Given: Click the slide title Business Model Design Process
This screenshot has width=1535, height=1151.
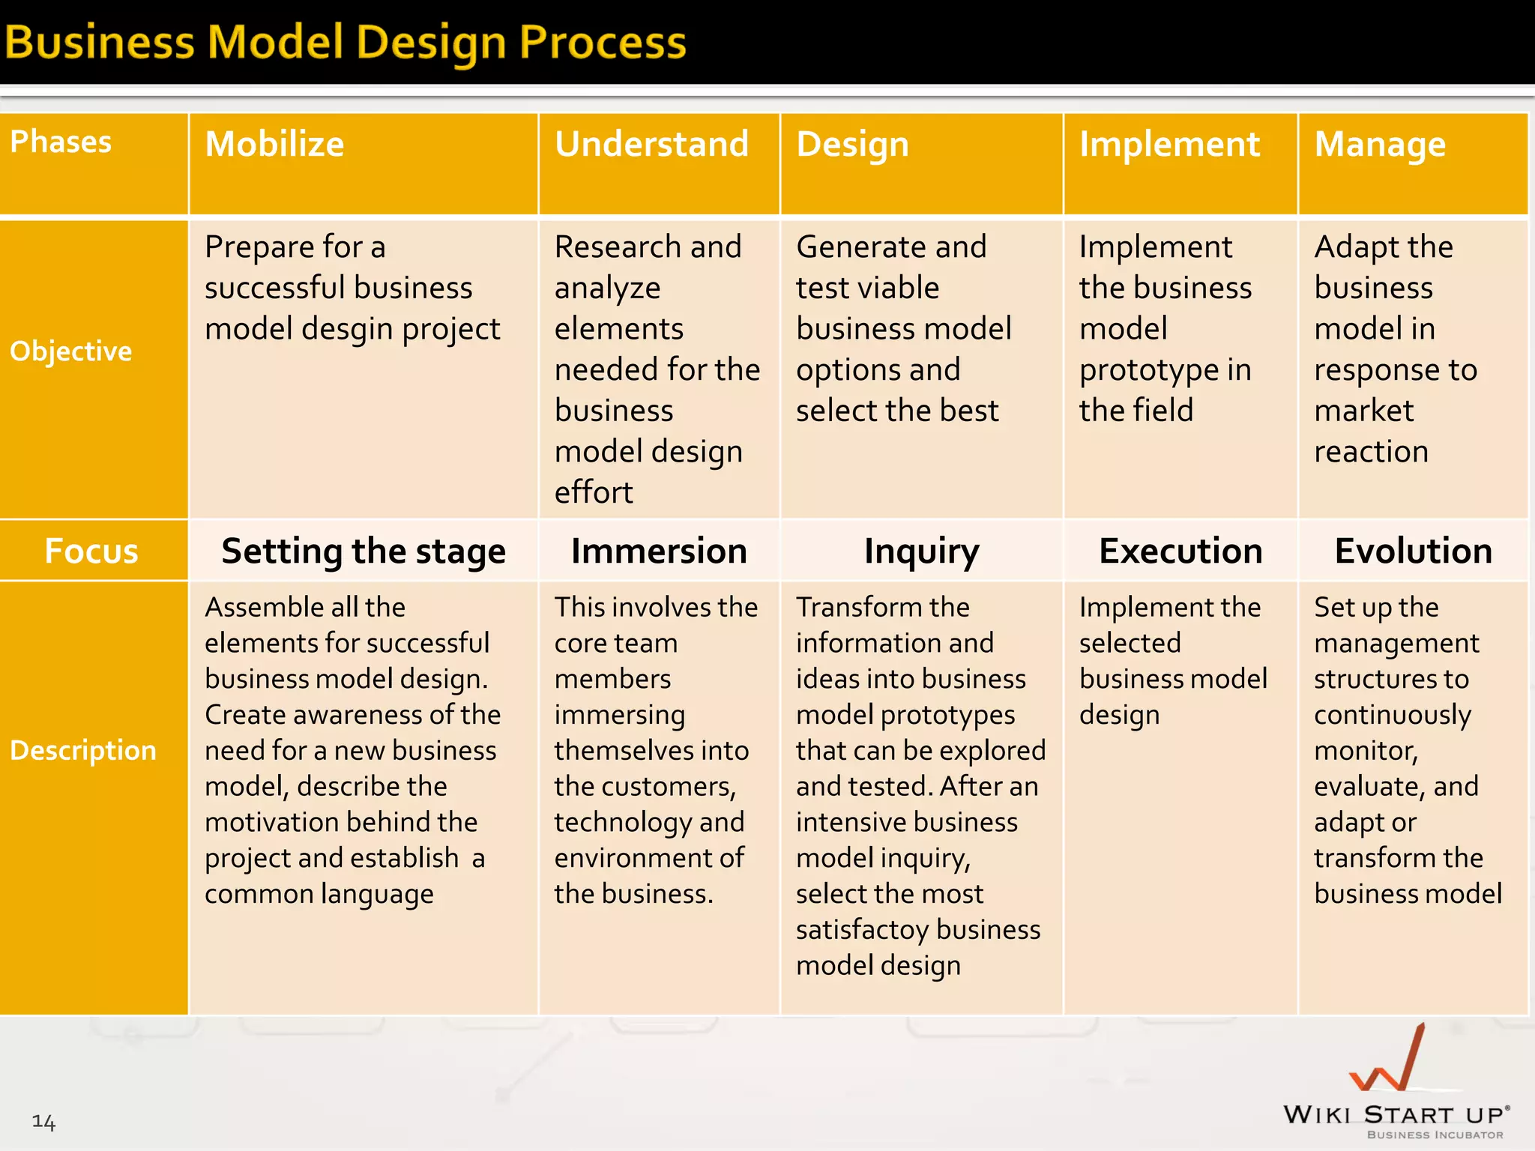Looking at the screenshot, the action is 346,42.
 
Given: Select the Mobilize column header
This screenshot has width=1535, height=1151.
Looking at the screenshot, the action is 274,144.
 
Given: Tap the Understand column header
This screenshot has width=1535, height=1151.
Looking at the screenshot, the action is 651,144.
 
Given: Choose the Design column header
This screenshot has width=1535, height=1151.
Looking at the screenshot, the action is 852,144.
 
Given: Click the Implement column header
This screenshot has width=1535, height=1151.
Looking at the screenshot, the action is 1169,144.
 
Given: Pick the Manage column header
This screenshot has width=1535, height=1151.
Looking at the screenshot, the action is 1380,144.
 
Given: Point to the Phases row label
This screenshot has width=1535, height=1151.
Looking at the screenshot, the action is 61,142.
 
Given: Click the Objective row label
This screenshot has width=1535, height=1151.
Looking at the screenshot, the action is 70,351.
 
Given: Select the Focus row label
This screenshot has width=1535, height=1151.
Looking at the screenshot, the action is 91,551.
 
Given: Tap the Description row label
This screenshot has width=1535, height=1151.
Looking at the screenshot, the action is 82,750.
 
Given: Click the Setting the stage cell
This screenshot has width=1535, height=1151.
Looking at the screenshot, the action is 364,552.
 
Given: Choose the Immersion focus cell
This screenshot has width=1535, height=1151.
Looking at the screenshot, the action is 659,551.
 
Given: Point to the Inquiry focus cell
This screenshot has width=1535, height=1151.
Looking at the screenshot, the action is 921,552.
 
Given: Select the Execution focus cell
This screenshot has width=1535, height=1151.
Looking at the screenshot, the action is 1180,551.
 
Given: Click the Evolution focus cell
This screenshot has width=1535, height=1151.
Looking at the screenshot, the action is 1413,551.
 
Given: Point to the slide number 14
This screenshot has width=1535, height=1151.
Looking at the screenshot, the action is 43,1122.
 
